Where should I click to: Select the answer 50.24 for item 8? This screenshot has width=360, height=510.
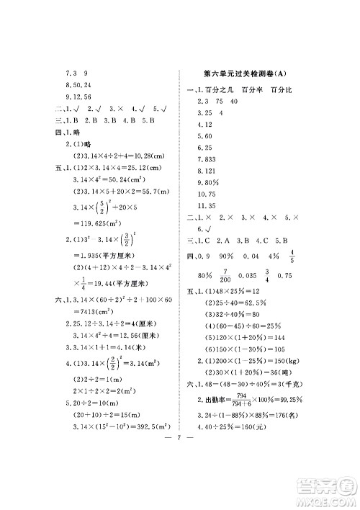point(81,86)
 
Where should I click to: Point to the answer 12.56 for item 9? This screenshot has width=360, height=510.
point(81,97)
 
